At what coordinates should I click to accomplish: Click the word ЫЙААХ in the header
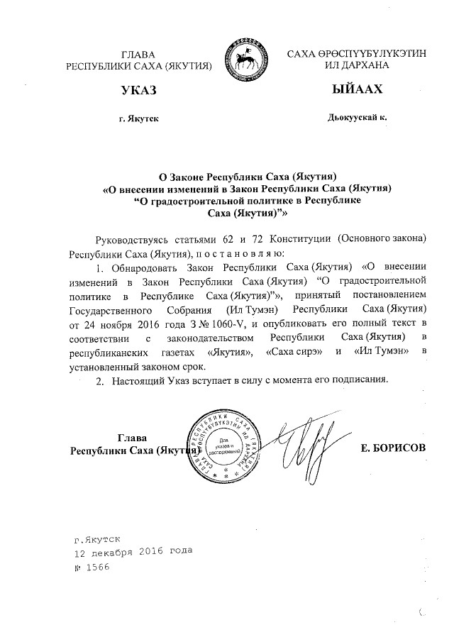[x=357, y=90]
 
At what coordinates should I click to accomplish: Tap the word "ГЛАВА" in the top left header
[x=138, y=55]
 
